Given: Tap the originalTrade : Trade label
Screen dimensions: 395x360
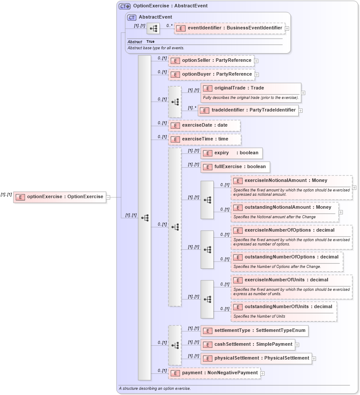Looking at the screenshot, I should [x=239, y=88].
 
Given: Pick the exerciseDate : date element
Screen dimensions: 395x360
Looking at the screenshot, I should [x=204, y=125].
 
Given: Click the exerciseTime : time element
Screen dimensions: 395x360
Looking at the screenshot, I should [x=205, y=139].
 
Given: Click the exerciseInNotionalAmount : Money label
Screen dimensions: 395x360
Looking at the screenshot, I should [x=286, y=181].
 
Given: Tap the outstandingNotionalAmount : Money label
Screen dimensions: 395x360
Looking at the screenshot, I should [x=288, y=207].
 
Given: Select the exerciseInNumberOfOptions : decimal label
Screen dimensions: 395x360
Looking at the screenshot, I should [x=289, y=230].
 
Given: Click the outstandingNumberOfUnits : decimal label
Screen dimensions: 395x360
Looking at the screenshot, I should [x=288, y=307].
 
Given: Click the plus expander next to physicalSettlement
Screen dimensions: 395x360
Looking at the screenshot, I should [x=314, y=359].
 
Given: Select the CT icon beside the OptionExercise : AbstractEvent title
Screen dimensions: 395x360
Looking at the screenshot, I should [x=125, y=6].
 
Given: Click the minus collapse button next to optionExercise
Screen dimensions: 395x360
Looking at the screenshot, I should [x=108, y=197].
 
